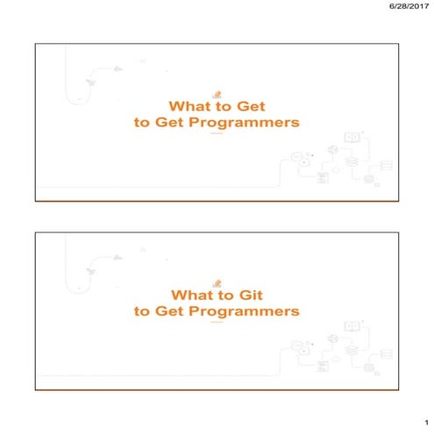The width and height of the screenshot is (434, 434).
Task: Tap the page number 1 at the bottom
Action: pyautogui.click(x=422, y=423)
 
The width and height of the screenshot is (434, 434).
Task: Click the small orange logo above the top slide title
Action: pyautogui.click(x=216, y=94)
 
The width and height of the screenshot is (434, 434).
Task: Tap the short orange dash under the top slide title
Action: pyautogui.click(x=216, y=135)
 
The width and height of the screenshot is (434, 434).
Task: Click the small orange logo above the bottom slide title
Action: pyautogui.click(x=216, y=282)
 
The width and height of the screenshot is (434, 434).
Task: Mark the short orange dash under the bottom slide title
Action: pyautogui.click(x=216, y=324)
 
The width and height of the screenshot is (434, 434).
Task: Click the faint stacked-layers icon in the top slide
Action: pyautogui.click(x=349, y=161)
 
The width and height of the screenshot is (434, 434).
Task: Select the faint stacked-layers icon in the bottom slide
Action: pyautogui.click(x=349, y=350)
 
